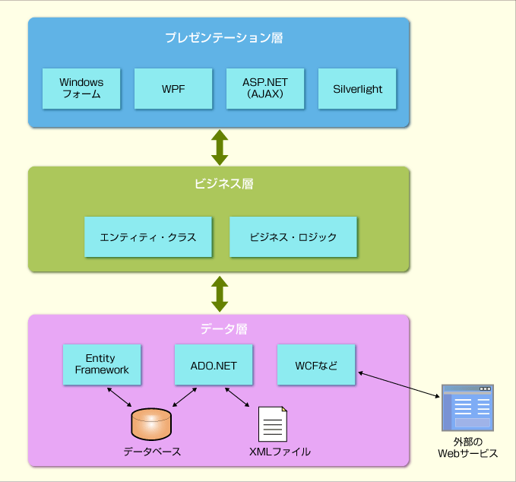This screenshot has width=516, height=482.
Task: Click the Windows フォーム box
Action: tap(81, 88)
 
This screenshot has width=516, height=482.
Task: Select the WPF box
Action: tap(173, 88)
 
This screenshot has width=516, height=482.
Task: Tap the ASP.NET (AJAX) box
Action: tap(265, 88)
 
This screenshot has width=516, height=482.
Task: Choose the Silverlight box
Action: tap(357, 88)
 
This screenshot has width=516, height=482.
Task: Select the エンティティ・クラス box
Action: tap(148, 236)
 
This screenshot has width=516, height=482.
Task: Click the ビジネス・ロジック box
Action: tap(293, 236)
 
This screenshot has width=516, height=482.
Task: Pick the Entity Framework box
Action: tap(102, 364)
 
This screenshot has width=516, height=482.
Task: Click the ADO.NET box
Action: tap(214, 365)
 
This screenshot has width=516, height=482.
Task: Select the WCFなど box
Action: tap(316, 365)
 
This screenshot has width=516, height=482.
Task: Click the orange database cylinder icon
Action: tap(151, 424)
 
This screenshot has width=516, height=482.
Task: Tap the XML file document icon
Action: tap(273, 423)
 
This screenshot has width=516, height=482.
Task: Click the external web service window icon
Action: tap(467, 409)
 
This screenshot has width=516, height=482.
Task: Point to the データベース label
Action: tap(152, 452)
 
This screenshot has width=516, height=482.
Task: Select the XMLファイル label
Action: tap(280, 452)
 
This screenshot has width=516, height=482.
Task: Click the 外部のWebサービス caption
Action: tap(467, 448)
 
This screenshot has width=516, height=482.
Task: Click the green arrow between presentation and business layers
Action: tap(220, 147)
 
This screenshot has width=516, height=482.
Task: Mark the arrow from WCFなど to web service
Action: tap(400, 385)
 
